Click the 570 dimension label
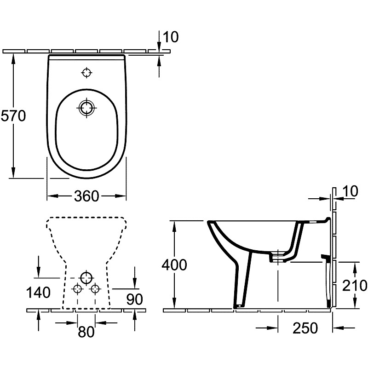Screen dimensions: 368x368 (13, 116)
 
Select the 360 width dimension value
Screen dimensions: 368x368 (86, 196)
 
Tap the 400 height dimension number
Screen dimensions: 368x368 (174, 265)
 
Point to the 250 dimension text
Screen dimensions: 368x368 (305, 328)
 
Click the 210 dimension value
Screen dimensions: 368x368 (354, 285)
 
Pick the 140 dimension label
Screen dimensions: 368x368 (38, 293)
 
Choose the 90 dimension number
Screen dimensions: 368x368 (134, 299)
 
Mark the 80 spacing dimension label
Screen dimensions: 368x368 (86, 332)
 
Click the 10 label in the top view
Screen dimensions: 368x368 (171, 37)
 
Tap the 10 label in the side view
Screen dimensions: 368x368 (350, 191)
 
